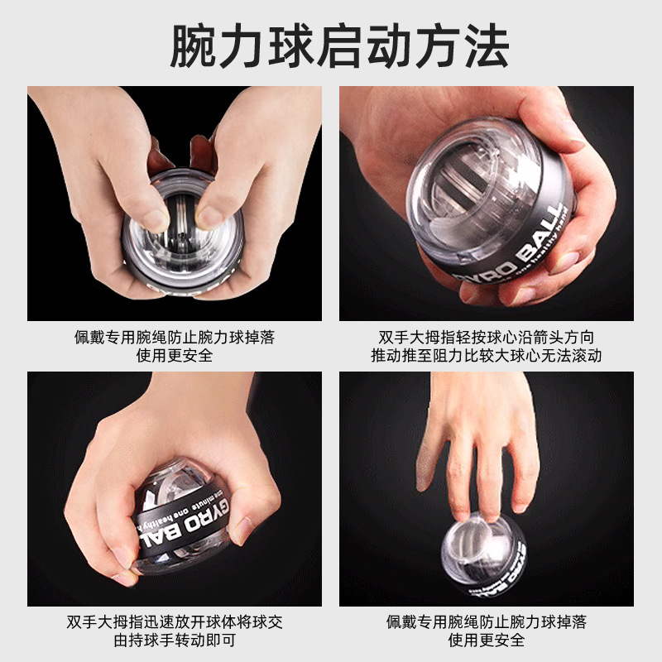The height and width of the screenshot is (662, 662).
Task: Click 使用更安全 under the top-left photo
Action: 174,356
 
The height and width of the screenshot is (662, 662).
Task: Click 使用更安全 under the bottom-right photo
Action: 487,640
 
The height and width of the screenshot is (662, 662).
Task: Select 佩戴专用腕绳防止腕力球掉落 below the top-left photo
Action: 174,338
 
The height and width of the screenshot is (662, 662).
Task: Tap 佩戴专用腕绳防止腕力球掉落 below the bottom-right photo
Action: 487,621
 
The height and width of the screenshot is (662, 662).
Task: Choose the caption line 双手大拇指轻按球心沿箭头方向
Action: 487,338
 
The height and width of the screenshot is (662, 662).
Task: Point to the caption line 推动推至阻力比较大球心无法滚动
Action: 487,356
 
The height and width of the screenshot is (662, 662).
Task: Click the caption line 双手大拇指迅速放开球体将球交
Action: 174,621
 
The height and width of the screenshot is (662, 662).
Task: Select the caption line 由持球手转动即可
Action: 174,640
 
